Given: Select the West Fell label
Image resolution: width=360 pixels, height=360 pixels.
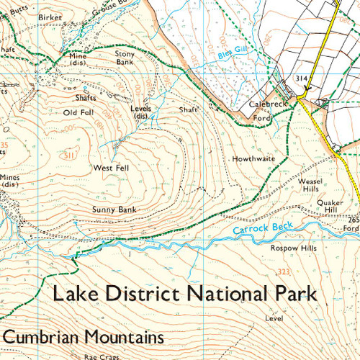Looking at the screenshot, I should click(110, 167).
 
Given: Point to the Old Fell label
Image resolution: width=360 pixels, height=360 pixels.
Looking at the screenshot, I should click(78, 112).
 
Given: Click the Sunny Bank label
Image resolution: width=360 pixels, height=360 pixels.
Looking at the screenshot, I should click(113, 210).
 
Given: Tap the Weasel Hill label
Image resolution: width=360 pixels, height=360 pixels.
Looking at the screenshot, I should click(310, 186).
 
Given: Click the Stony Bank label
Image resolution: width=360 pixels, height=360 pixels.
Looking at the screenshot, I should click(126, 58).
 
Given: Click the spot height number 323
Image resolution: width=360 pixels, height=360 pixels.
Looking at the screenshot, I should click(283, 271).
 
